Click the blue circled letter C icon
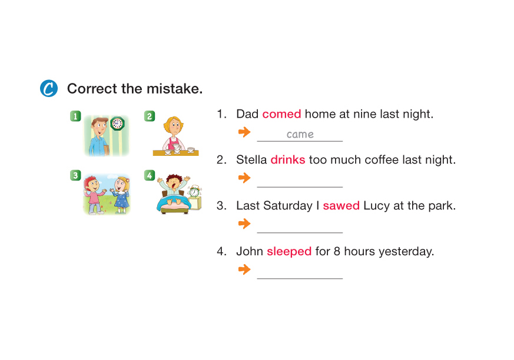point(49,88)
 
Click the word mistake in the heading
point(174,89)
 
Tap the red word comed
point(281,114)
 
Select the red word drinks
point(288,159)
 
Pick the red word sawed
point(341,206)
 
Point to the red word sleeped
point(289,252)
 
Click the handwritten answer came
point(300,134)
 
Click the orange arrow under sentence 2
point(244,178)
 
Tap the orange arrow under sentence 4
point(244,269)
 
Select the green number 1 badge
point(75,116)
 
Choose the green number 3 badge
point(75,175)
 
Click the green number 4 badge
point(150,175)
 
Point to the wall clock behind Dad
point(117,124)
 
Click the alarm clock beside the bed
point(194,191)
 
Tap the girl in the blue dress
point(120,195)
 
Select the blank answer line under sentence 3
point(300,232)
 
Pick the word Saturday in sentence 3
point(288,206)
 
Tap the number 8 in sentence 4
point(337,252)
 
